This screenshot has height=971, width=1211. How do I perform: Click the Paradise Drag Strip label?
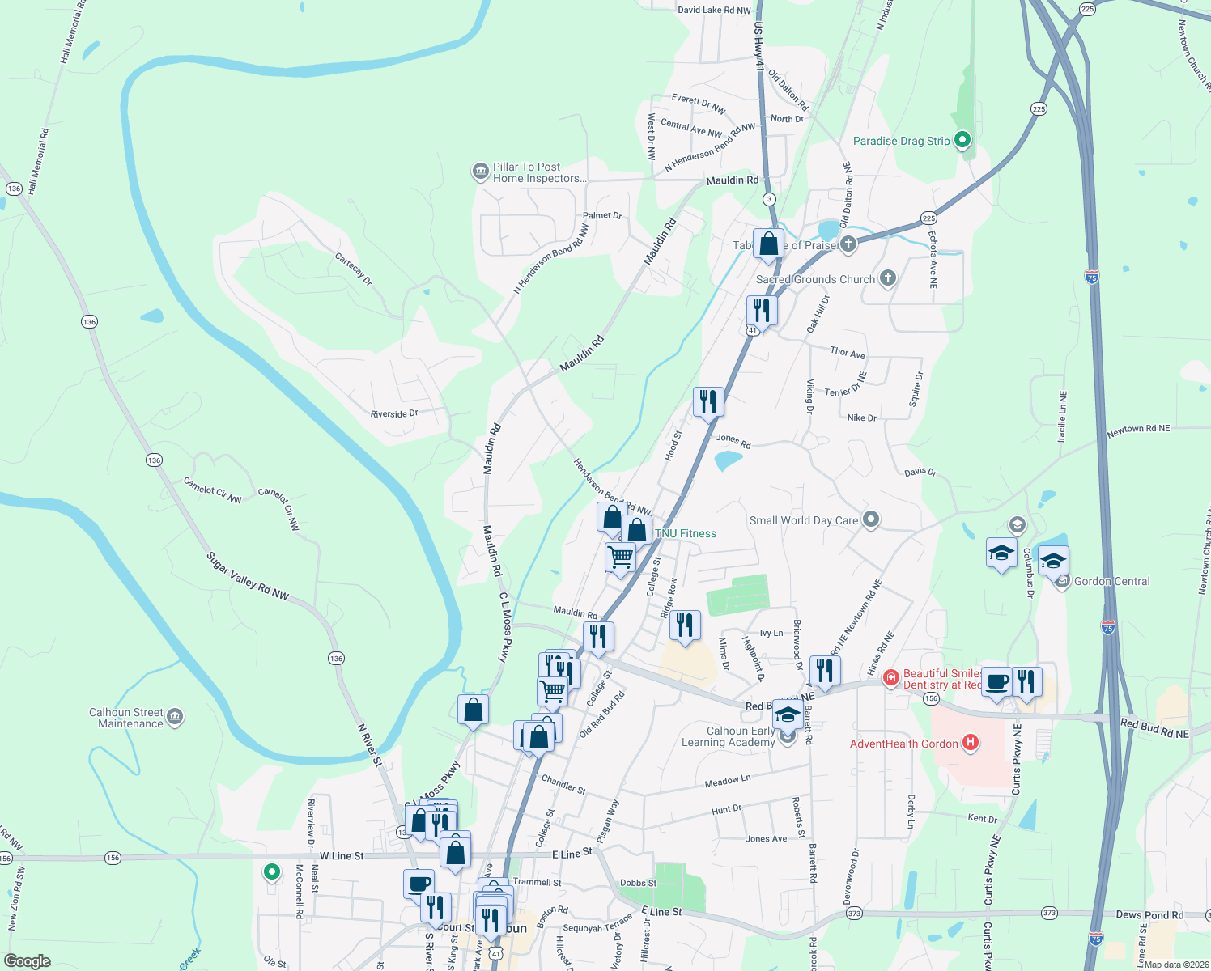coord(901,141)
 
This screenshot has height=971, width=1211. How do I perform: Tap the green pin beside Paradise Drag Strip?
coord(962,140)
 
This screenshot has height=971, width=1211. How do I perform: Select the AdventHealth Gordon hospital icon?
coord(971,743)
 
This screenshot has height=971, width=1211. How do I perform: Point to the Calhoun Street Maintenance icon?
coord(175,717)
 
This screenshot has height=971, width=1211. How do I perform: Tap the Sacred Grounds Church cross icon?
coord(888,278)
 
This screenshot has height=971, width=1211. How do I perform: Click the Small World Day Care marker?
coord(870,519)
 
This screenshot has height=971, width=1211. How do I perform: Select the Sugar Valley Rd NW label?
coord(248,576)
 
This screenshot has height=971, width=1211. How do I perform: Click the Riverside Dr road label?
coord(394,413)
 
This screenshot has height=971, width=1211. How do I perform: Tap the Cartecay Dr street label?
coord(354,269)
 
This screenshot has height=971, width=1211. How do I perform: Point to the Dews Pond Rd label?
coord(1149,915)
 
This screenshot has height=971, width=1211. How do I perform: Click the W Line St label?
coord(342,855)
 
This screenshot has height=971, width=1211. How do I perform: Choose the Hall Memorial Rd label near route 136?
coord(37,162)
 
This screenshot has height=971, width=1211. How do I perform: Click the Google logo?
coord(28,961)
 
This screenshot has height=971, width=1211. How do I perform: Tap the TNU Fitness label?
coord(686,533)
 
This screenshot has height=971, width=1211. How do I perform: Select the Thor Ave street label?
coord(848,352)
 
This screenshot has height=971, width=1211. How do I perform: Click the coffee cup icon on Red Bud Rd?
coord(996,681)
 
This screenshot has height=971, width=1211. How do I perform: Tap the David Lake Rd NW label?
coord(714,11)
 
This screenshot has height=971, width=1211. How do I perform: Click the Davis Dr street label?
coord(920,471)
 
